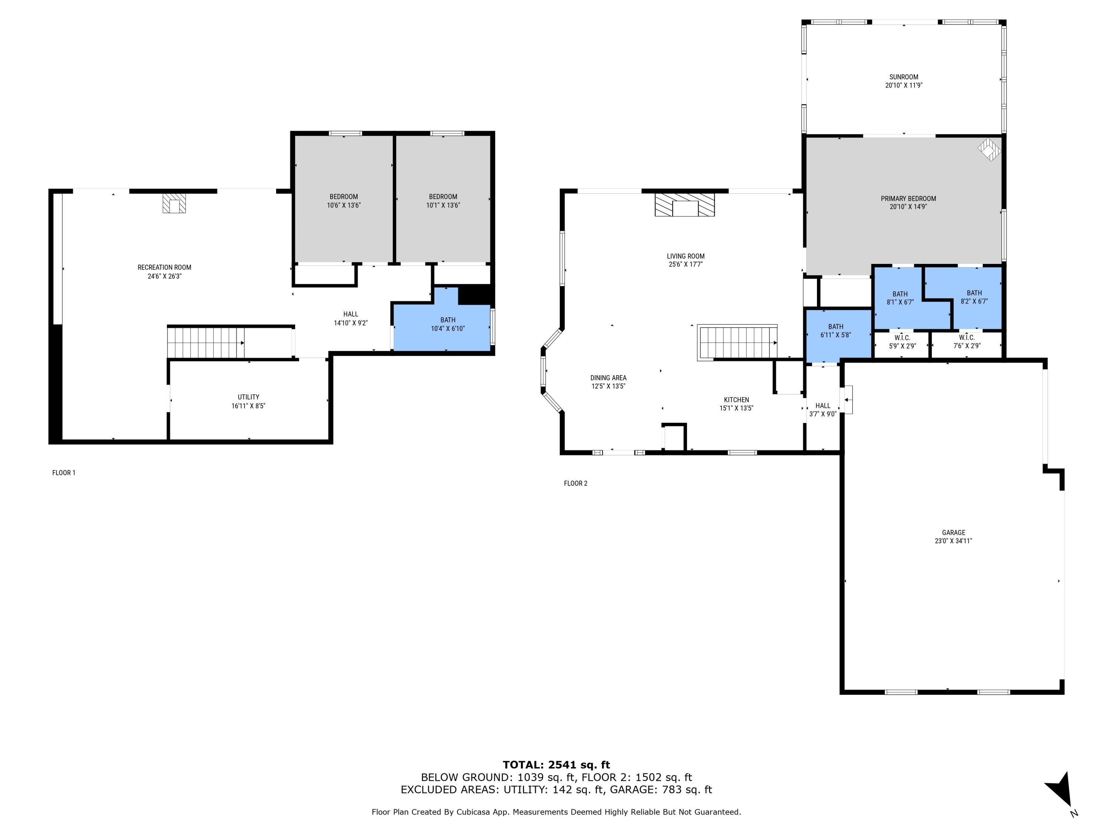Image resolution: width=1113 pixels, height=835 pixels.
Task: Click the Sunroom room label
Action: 904,77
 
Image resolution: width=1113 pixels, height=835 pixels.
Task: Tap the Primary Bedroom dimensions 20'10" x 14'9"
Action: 908,207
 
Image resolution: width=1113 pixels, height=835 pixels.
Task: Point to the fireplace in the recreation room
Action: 174,204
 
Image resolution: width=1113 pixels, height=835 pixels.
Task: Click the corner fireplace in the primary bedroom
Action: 989,149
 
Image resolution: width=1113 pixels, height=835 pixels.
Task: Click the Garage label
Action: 953,533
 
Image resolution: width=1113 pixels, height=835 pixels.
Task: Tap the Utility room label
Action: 249,397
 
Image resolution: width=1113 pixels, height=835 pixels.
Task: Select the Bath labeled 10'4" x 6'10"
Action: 448,324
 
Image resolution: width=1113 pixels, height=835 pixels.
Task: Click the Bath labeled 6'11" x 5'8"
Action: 836,331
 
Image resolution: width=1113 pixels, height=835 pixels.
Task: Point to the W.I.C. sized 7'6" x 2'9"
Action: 966,342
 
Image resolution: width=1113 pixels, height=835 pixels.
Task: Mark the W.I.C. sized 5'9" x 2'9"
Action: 902,342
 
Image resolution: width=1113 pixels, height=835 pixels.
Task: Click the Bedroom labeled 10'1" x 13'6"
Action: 443,201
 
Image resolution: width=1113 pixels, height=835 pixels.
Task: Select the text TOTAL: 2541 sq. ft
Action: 556,765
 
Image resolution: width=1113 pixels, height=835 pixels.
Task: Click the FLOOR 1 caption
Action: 64,473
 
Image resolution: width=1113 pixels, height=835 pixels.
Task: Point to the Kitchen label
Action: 736,400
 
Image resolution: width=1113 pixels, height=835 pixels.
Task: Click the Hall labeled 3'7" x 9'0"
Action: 823,410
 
